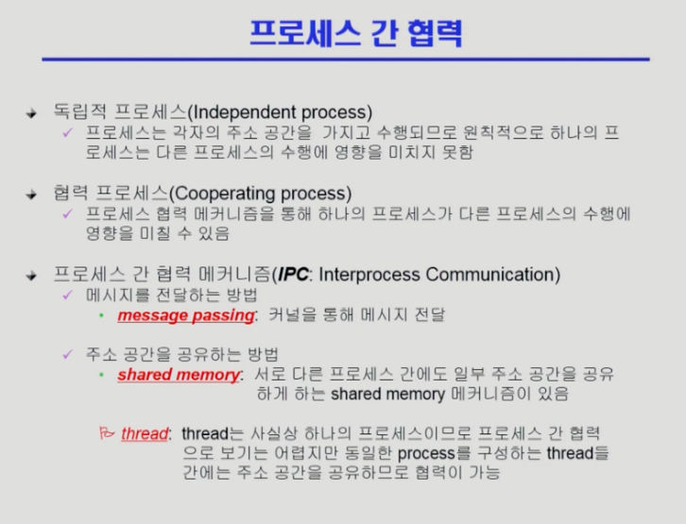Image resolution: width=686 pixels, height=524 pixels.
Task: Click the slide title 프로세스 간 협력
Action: pos(355,33)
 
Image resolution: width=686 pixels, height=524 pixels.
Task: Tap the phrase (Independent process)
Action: pos(280,112)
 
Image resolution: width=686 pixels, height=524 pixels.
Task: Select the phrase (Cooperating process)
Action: pos(260,194)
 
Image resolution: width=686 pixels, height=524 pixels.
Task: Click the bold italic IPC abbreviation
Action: pos(293,275)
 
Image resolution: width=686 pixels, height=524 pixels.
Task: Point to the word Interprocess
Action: pos(369,275)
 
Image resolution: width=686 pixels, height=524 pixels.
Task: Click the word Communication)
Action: pos(493,275)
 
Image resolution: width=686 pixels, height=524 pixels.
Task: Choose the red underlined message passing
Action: pos(186,315)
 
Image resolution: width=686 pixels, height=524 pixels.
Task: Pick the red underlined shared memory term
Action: pos(179,375)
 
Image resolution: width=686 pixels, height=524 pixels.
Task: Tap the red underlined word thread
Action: pos(145,433)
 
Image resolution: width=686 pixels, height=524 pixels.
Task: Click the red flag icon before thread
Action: pos(107,432)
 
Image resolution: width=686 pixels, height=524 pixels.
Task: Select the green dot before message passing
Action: pos(101,315)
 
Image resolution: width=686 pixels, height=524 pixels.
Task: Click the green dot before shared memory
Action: pos(101,375)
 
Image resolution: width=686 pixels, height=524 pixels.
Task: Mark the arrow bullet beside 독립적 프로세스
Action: pos(31,113)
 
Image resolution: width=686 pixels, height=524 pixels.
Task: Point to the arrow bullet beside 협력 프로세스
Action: pos(31,194)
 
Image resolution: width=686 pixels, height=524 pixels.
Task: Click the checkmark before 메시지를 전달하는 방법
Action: pos(67,296)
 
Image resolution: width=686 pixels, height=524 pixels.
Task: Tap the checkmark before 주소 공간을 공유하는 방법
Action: pos(67,354)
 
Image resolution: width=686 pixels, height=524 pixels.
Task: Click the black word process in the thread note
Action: pos(426,453)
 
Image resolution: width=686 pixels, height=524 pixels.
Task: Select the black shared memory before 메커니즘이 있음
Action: pos(387,395)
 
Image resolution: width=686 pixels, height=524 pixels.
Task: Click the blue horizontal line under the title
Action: pos(346,59)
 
